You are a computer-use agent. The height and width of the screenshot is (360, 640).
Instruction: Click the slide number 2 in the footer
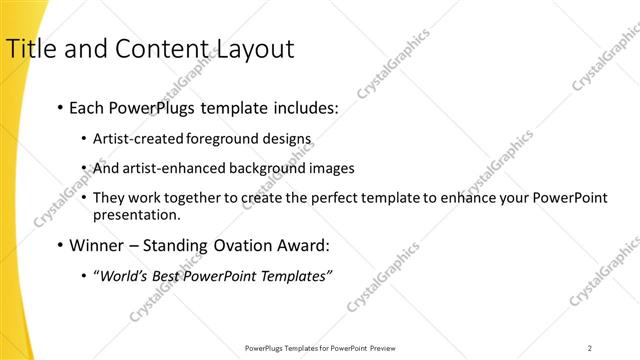tap(590, 348)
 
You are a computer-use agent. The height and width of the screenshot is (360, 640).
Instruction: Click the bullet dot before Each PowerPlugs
tap(62, 106)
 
